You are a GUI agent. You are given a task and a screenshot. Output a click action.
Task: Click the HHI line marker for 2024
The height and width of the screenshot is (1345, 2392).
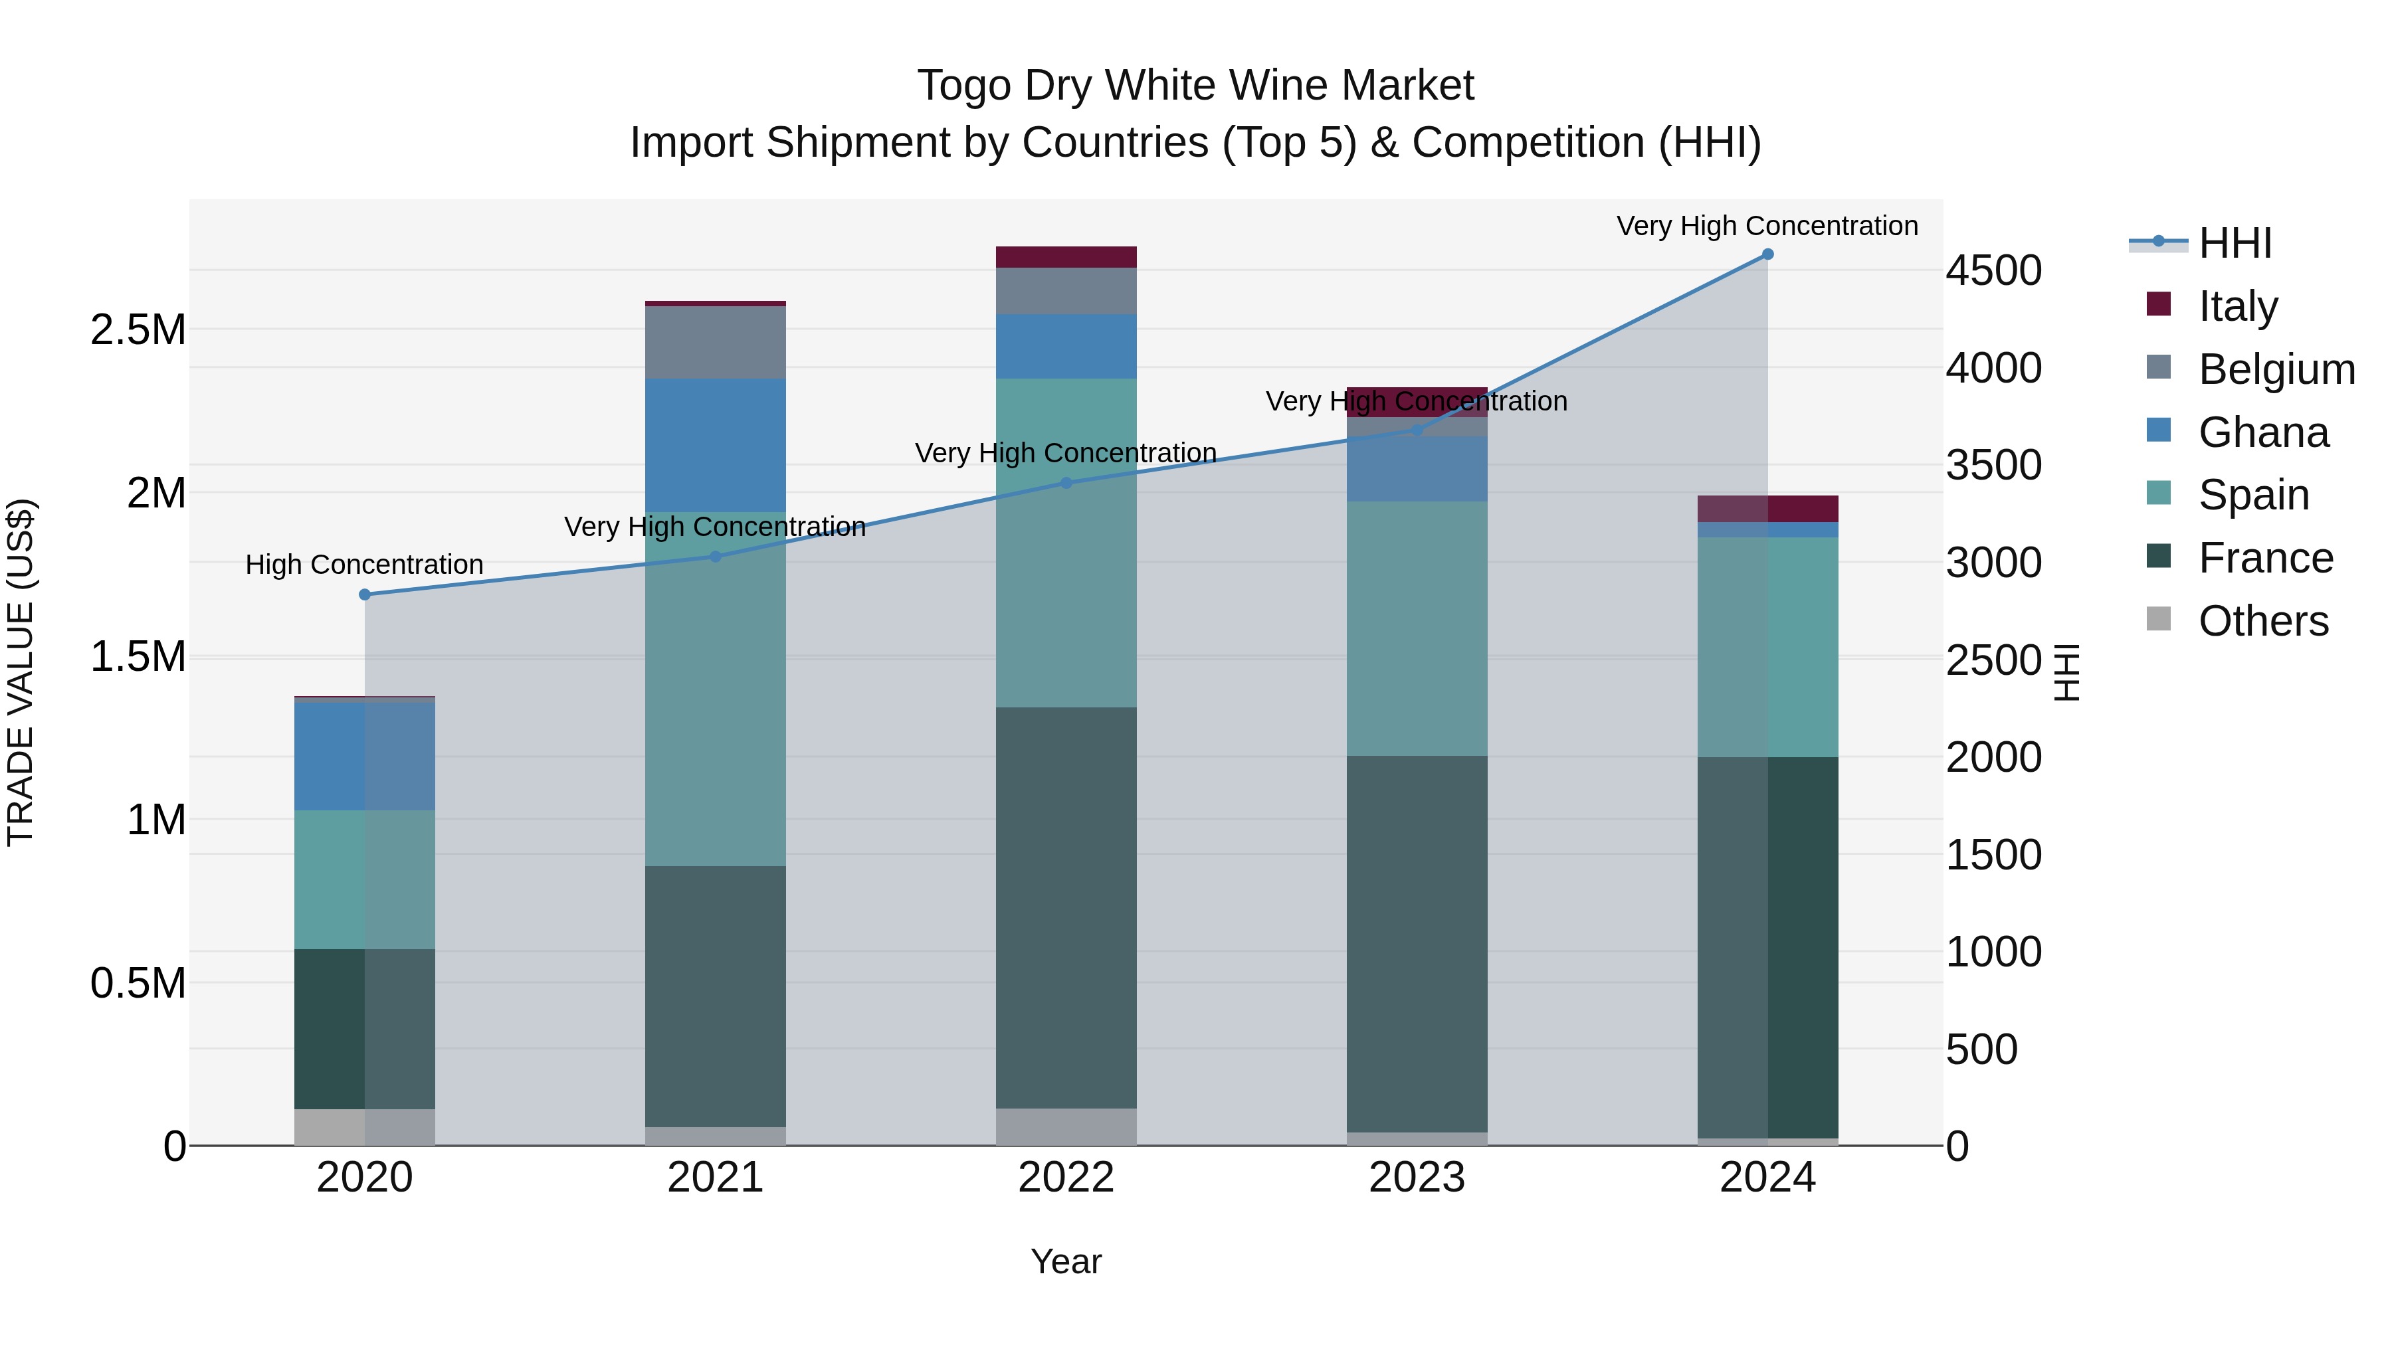coord(1767,254)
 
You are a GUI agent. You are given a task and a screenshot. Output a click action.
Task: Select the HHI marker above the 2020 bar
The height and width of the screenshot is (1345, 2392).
coord(365,594)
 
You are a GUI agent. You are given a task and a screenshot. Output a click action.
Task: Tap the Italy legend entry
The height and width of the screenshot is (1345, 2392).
coord(2238,306)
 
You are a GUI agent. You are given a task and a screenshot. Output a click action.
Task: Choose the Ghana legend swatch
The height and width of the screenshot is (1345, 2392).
coord(2159,430)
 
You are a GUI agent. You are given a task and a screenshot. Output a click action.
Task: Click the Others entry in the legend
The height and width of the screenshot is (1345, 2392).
coord(2263,620)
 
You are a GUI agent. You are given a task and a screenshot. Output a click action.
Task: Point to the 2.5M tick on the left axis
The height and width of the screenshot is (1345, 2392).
coord(138,329)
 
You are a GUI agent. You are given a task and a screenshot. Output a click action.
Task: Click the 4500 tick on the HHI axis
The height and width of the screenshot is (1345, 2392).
coord(1993,271)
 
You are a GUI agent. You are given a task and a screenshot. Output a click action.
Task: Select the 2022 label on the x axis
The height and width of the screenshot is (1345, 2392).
coord(1066,1177)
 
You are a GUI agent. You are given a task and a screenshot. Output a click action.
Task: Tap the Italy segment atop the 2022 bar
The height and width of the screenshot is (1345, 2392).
coord(1066,256)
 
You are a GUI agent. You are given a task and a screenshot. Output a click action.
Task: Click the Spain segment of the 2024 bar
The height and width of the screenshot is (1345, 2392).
coord(1767,647)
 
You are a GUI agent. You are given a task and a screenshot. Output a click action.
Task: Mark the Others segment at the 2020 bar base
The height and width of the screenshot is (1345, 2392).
coord(365,1127)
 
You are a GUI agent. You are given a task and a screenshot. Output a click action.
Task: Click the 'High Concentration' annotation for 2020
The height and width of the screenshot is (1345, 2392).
coord(364,565)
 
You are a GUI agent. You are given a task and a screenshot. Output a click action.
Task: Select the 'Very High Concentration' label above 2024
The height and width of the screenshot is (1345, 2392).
coord(1767,226)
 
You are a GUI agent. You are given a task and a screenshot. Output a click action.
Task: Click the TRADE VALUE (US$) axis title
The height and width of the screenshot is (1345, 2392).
coord(21,672)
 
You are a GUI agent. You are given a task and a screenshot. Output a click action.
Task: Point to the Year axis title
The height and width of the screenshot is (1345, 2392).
coord(1066,1261)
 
